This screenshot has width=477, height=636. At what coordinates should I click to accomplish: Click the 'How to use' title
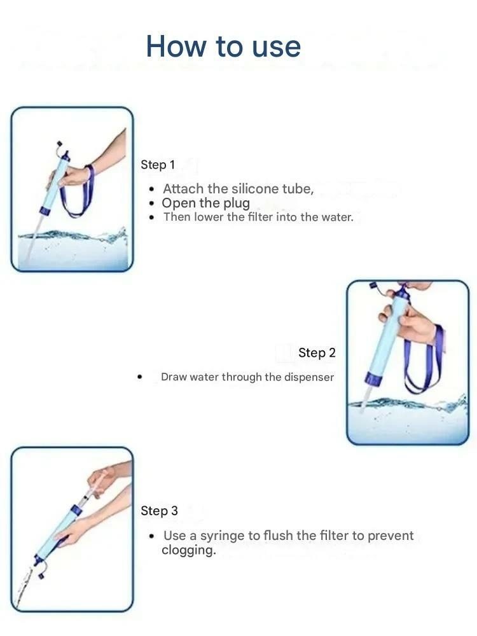tap(223, 46)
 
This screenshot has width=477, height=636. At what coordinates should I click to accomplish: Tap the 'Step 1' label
tap(158, 165)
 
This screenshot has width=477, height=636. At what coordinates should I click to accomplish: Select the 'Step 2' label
tap(317, 353)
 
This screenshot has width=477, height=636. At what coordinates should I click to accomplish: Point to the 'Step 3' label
tap(159, 511)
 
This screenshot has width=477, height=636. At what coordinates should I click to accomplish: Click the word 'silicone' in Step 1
tap(255, 189)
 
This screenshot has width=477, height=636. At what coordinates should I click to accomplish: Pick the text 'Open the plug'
tap(205, 203)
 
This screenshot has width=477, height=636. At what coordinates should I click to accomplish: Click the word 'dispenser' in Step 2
tap(309, 377)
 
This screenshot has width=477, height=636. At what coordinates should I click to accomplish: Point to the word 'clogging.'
tap(189, 550)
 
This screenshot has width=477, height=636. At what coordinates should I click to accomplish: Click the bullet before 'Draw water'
tap(140, 377)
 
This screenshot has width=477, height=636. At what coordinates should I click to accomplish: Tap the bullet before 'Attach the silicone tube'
tap(152, 189)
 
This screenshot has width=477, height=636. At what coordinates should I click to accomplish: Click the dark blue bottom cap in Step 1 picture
tap(45, 211)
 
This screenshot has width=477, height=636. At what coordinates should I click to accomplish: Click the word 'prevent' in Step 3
tap(391, 536)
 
